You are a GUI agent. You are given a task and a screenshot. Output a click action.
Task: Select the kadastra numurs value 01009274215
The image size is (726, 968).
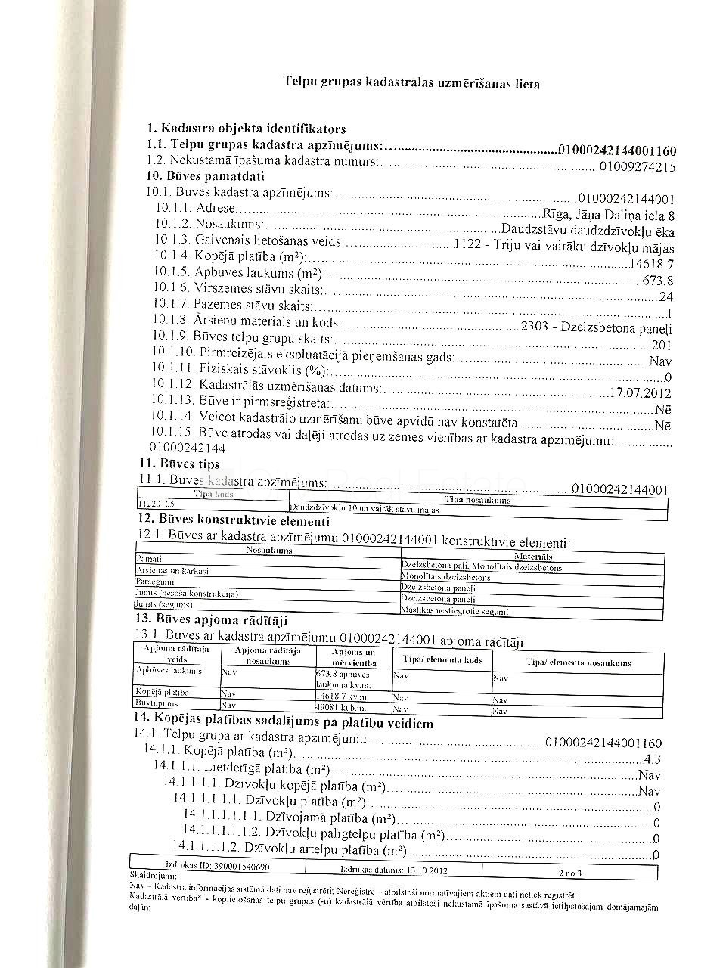pyautogui.click(x=638, y=167)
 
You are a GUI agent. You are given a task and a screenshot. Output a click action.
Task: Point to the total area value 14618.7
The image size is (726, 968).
pyautogui.click(x=651, y=264)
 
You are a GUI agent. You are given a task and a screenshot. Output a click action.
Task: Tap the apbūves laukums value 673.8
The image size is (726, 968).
pyautogui.click(x=657, y=281)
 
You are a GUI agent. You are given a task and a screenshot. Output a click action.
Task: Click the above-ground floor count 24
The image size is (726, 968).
pyautogui.click(x=665, y=297)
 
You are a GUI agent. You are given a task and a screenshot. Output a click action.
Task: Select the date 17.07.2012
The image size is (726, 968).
pyautogui.click(x=640, y=393)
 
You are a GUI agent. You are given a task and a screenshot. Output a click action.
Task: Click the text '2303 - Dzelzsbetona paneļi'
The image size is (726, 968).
pyautogui.click(x=597, y=329)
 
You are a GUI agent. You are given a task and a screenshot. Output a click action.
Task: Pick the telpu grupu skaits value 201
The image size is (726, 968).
pyautogui.click(x=662, y=346)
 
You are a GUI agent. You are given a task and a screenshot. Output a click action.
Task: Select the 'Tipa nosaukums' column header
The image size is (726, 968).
pyautogui.click(x=478, y=500)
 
